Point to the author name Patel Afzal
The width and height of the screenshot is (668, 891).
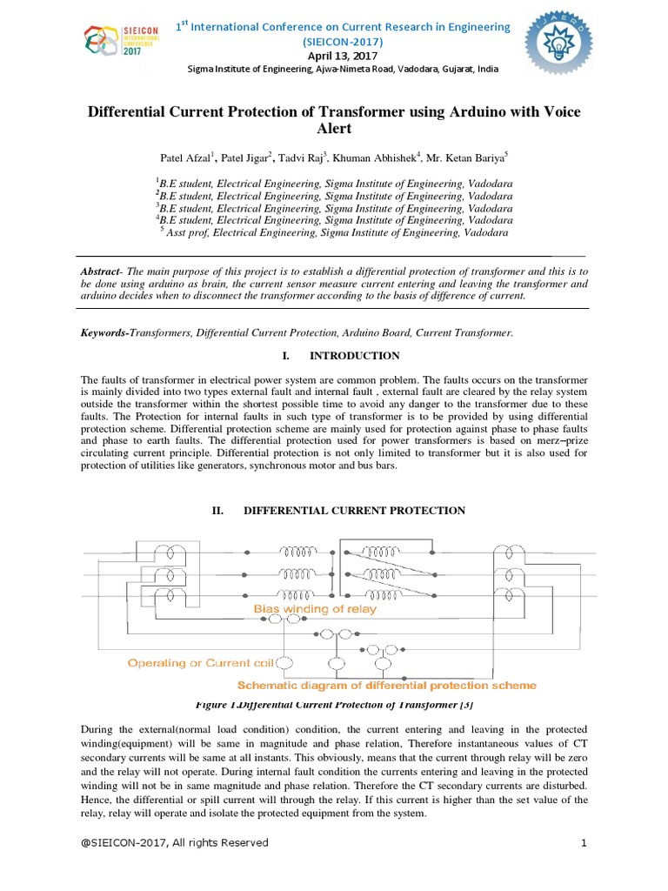[186, 157]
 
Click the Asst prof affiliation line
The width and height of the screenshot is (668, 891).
[336, 233]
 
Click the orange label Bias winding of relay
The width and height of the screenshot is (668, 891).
[315, 609]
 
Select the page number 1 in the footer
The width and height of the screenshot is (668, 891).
[584, 842]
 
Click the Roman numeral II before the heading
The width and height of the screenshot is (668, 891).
[219, 511]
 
